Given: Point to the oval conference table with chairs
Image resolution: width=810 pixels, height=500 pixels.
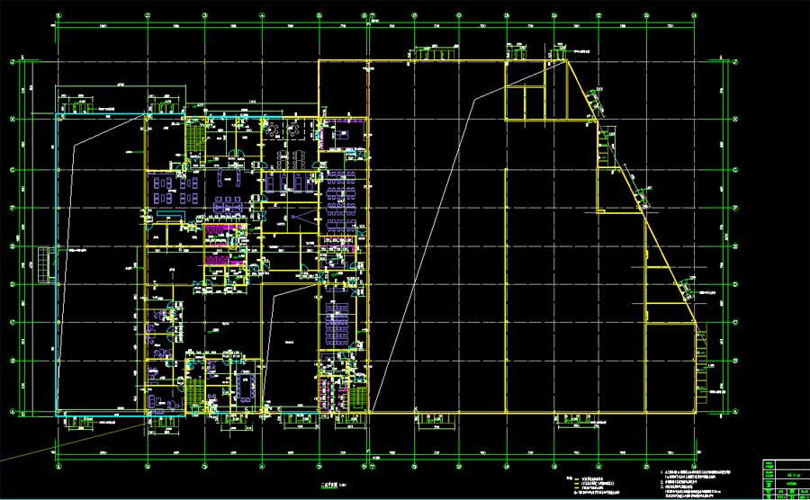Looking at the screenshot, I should (245, 384).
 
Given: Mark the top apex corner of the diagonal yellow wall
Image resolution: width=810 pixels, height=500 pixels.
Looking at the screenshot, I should (567, 60).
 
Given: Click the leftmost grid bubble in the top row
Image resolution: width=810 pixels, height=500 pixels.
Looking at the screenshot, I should (59, 15).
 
